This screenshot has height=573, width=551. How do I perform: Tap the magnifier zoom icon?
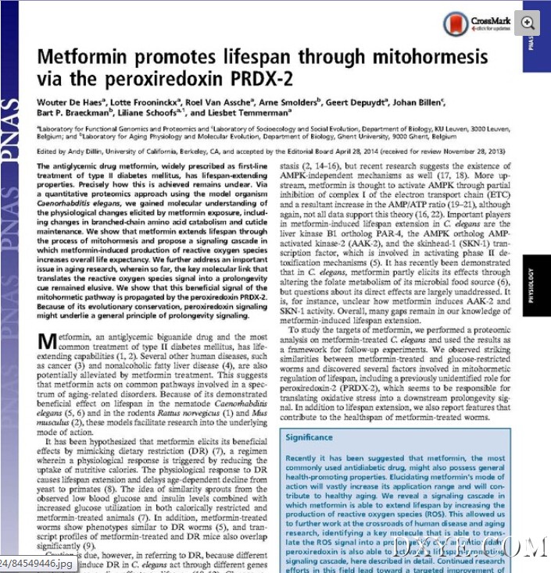point(528,22)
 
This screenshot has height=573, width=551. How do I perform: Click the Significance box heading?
point(309,438)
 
